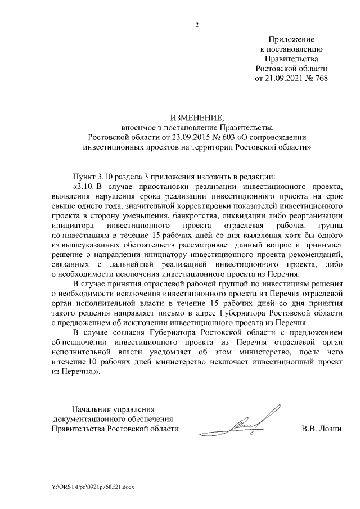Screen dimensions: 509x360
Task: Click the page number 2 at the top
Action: coord(197,24)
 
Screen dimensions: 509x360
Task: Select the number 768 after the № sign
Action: coord(321,78)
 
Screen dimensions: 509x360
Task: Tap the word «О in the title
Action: coord(244,137)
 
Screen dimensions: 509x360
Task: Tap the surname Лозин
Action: coord(330,430)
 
